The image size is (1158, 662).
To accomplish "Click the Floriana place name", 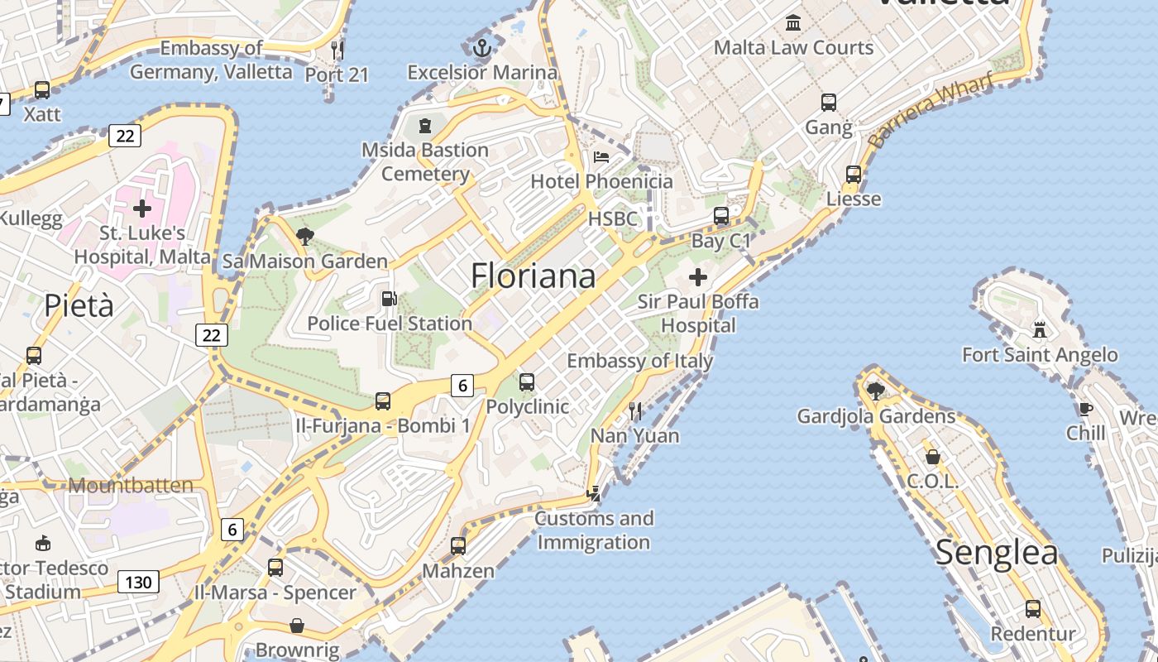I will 533,276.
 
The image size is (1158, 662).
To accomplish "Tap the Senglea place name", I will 997,553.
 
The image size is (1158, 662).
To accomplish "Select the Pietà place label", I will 79,305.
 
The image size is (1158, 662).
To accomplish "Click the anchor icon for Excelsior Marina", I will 482,48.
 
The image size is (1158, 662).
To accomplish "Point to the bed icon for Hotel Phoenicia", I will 601,157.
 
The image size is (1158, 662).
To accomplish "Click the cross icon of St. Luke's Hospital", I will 142,208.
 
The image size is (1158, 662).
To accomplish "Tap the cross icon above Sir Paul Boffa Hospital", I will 698,276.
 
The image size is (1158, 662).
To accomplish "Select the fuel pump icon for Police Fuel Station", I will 388,299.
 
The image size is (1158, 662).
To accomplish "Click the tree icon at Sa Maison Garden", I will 304,237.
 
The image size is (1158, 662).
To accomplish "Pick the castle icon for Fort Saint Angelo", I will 1040,330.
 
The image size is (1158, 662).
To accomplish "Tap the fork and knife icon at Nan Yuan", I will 635,410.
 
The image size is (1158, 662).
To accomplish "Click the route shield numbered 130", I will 138,583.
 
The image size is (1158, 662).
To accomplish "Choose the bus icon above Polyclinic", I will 527,382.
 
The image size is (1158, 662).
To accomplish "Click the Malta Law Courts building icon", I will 793,22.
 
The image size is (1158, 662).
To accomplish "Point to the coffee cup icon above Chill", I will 1085,409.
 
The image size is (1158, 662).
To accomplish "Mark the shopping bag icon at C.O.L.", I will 932,457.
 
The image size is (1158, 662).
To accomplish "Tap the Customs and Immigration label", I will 594,530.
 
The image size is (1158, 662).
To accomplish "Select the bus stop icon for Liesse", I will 854,175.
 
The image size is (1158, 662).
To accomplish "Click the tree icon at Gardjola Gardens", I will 875,391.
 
